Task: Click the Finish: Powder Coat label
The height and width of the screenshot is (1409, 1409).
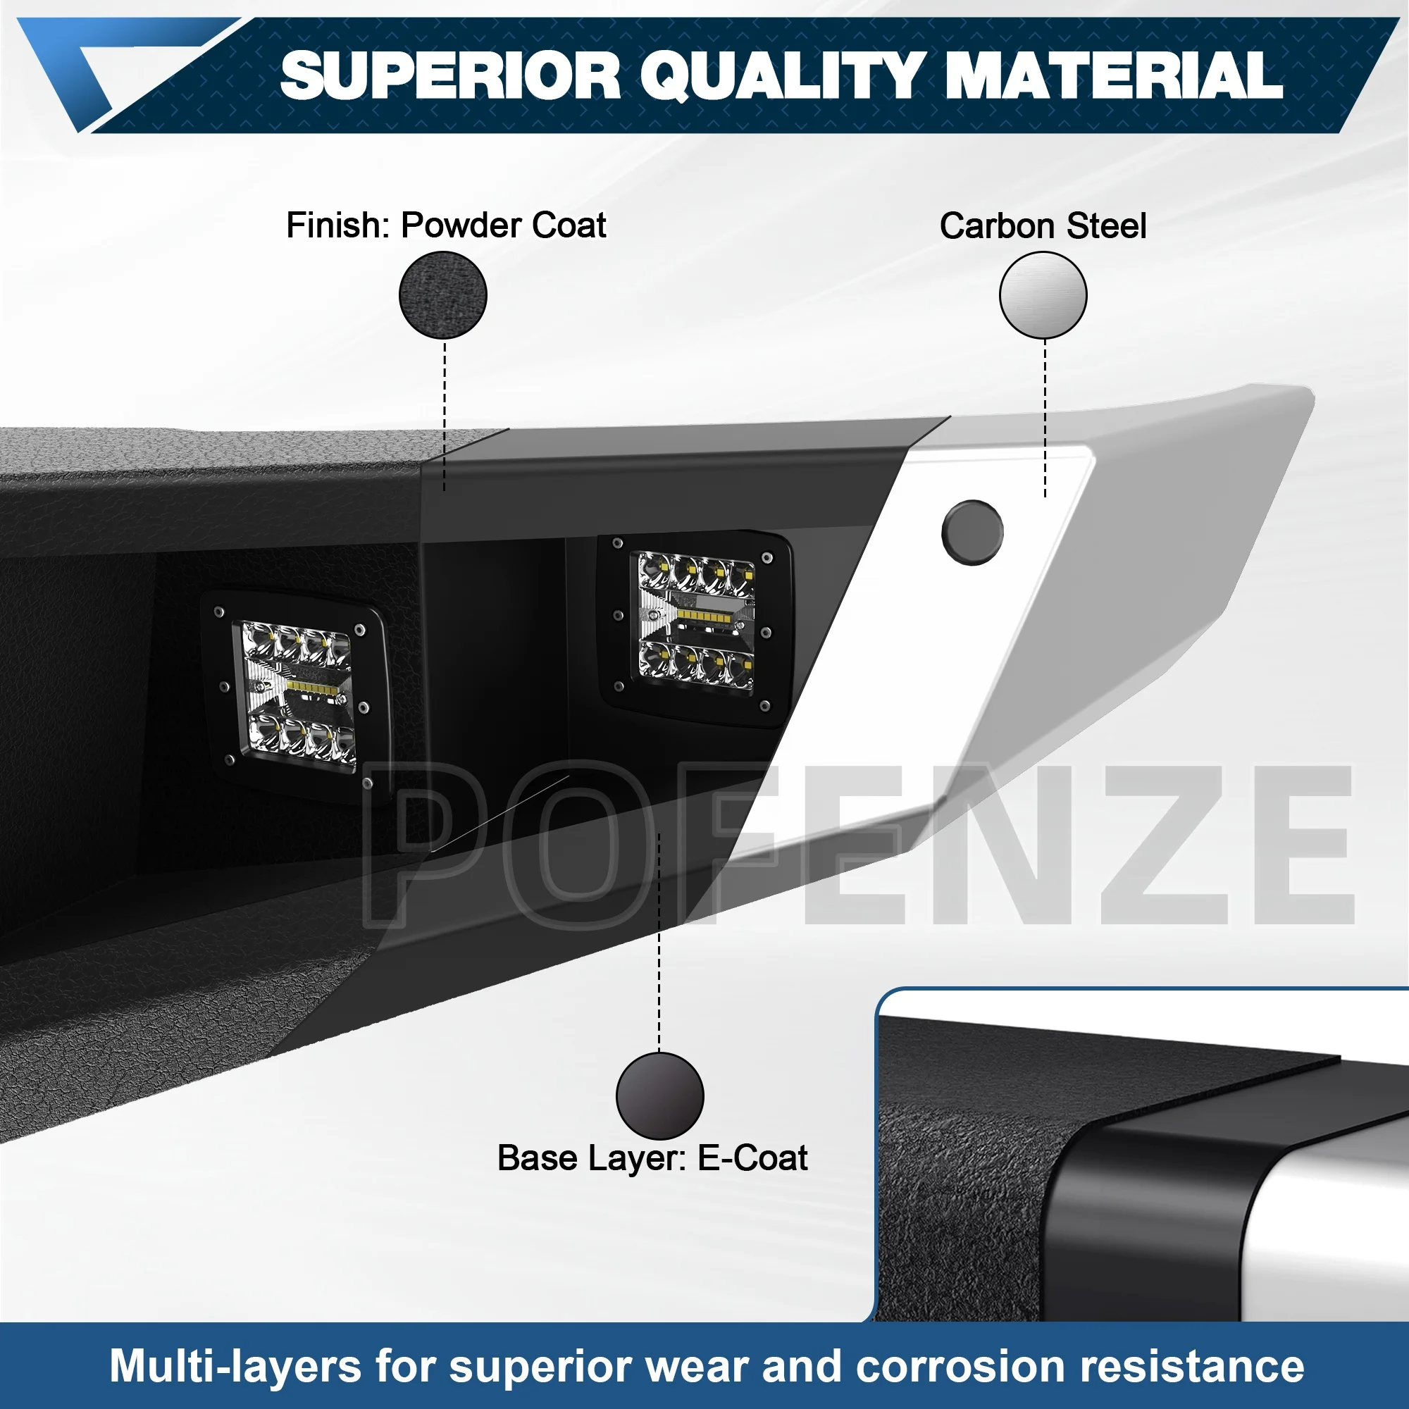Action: click(x=446, y=225)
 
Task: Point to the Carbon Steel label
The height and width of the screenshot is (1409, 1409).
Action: click(x=1042, y=226)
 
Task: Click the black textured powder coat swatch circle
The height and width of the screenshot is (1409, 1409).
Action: click(x=442, y=295)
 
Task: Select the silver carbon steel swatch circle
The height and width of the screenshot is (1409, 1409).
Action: click(x=1043, y=295)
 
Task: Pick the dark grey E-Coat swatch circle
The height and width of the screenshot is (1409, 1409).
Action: click(x=659, y=1095)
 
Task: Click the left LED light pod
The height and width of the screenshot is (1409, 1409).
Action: click(x=295, y=697)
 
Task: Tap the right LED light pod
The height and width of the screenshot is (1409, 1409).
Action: click(x=695, y=628)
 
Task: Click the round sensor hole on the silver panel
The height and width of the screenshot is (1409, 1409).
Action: click(x=972, y=533)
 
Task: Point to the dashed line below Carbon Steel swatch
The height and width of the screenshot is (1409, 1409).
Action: click(x=1044, y=418)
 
